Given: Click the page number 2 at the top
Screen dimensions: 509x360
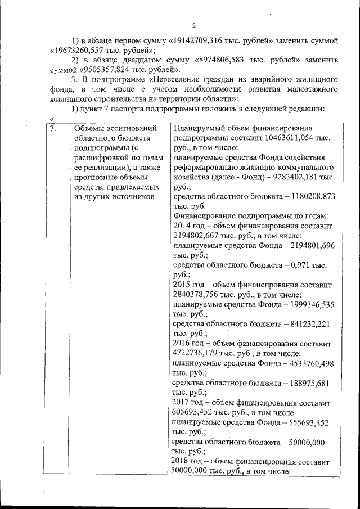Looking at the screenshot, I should (193, 26).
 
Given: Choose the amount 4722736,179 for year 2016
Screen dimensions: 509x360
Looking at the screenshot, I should (197, 354).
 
